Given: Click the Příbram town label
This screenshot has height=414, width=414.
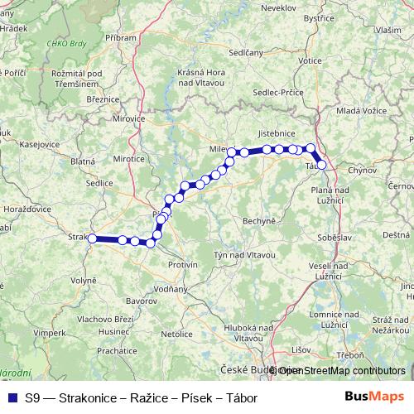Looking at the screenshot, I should pos(121,38).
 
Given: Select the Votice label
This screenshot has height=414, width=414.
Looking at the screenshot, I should pos(310,60).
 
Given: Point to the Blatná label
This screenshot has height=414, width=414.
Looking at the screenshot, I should pos(84,161).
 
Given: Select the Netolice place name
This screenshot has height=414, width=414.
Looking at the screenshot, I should pos(176,334).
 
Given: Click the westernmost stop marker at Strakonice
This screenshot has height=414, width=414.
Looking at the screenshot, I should pos(93,238).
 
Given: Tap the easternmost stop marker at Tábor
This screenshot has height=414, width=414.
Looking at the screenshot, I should pos(322,165).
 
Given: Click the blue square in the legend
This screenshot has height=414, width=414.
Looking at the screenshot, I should pos(11,397).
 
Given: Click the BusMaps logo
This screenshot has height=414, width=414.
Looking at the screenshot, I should pos(376,397).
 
